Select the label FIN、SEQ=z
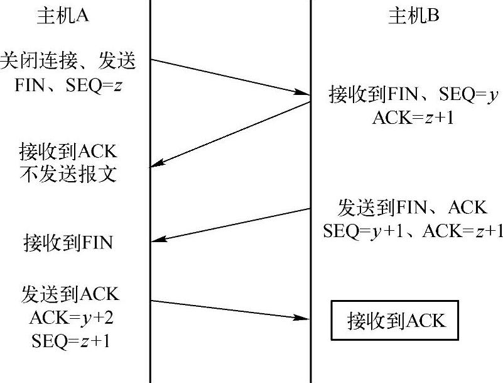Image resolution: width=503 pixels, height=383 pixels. tap(68, 85)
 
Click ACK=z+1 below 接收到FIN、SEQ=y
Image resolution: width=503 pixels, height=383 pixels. tap(413, 118)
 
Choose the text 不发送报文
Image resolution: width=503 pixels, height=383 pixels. tap(68, 174)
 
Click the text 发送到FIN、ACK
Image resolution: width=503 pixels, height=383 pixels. tap(413, 207)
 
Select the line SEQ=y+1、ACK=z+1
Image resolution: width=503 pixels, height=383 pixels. tap(413, 230)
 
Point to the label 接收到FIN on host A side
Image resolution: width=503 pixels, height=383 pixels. tap(68, 242)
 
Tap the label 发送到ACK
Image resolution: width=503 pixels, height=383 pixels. tap(70, 294)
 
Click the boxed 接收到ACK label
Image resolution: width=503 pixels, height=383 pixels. tap(396, 321)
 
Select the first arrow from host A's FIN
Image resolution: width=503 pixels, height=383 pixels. tap(230, 77)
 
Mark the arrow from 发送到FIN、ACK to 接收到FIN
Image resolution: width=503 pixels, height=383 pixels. tap(230, 225)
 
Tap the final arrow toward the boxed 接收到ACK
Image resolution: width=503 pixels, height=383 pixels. tap(230, 309)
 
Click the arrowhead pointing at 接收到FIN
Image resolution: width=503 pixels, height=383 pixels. tap(157, 240)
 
